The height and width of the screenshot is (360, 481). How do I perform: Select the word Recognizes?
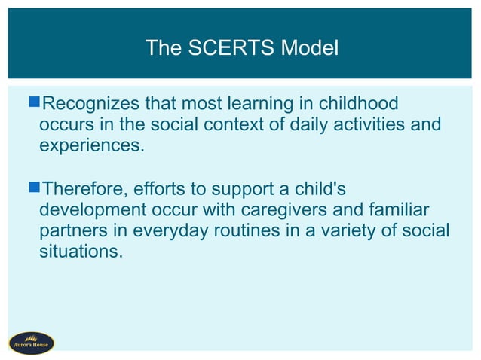coord(90,103)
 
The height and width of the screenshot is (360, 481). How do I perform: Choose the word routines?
coord(228,229)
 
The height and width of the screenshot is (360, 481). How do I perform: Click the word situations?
coord(80,249)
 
